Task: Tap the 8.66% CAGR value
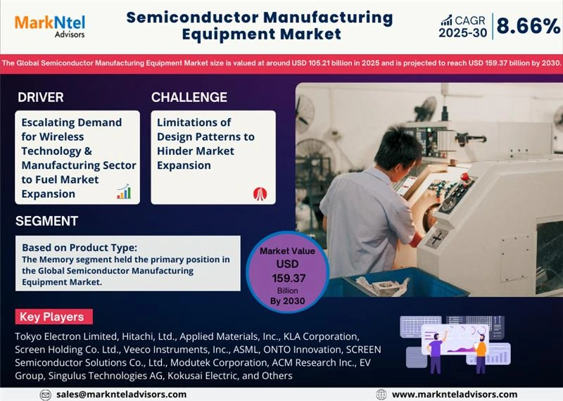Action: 528,27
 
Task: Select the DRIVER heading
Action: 41,97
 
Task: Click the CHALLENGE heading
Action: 189,97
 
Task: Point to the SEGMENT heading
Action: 46,221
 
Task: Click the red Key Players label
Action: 51,317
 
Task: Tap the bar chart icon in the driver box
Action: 124,191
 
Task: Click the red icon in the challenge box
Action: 260,193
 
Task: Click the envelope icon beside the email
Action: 46,395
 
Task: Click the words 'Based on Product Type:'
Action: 79,248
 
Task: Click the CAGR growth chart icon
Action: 446,20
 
